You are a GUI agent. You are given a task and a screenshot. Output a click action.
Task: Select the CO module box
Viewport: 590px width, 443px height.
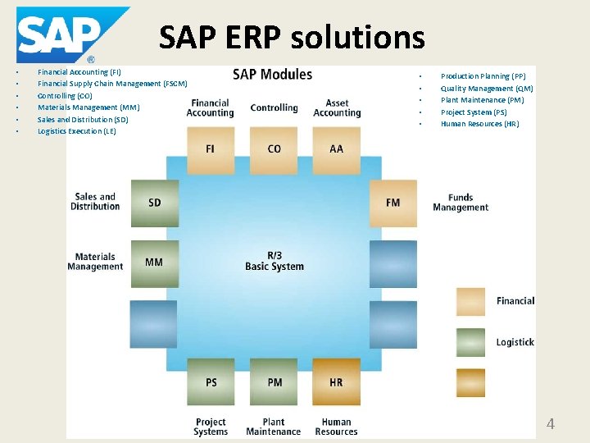pyautogui.click(x=274, y=149)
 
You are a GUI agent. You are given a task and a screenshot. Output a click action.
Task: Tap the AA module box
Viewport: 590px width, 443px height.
pyautogui.click(x=337, y=149)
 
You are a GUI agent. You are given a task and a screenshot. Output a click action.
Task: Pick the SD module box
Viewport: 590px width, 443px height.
pyautogui.click(x=154, y=203)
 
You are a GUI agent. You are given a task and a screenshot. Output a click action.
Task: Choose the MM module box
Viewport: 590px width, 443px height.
pyautogui.click(x=154, y=263)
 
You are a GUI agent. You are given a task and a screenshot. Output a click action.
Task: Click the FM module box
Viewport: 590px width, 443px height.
pyautogui.click(x=393, y=203)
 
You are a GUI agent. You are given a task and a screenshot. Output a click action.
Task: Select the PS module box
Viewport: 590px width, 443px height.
pyautogui.click(x=211, y=381)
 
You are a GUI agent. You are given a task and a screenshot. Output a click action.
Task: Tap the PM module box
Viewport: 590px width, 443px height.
pyautogui.click(x=274, y=381)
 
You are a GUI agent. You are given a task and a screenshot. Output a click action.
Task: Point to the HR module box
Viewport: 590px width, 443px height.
pyautogui.click(x=337, y=381)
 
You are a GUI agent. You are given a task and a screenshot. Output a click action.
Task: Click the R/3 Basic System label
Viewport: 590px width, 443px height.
pyautogui.click(x=274, y=261)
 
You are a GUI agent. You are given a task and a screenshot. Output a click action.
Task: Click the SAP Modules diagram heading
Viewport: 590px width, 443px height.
pyautogui.click(x=273, y=75)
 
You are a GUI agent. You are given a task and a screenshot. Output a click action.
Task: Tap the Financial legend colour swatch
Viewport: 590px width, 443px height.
pyautogui.click(x=470, y=302)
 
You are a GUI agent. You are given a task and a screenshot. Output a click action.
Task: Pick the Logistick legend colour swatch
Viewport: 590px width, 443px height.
pyautogui.click(x=470, y=342)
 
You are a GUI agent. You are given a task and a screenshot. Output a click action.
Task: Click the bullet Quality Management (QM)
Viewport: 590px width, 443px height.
pyautogui.click(x=487, y=89)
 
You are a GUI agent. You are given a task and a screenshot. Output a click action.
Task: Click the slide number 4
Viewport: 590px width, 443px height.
pyautogui.click(x=551, y=424)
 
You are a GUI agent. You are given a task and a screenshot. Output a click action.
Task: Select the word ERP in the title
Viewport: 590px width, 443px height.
pyautogui.click(x=266, y=37)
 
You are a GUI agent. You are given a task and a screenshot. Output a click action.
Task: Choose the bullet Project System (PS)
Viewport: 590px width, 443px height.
pyautogui.click(x=474, y=112)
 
